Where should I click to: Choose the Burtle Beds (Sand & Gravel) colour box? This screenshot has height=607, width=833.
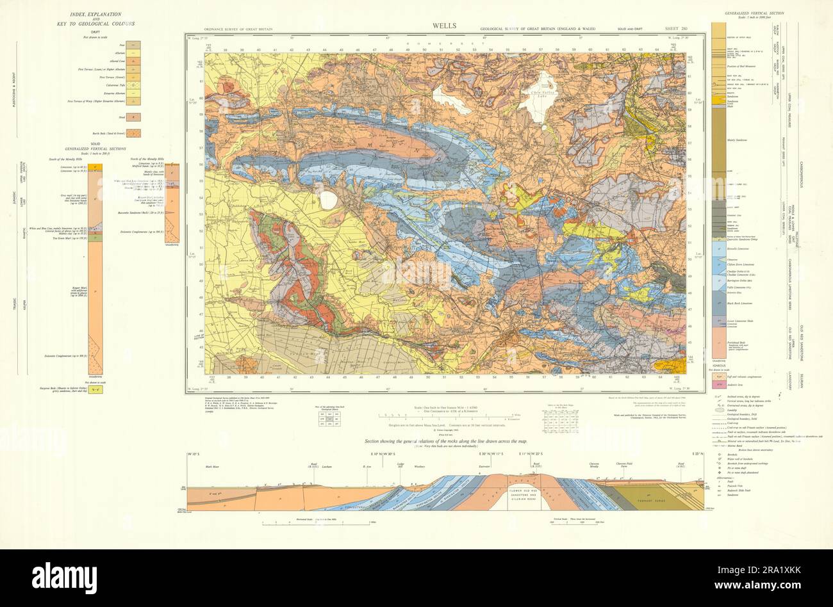(134, 134)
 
